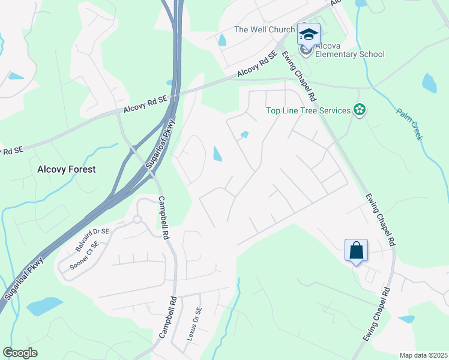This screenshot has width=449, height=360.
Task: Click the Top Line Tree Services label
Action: coord(309,110)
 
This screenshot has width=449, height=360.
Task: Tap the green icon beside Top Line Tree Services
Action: coord(359,110)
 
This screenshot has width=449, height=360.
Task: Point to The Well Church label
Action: coord(264,29)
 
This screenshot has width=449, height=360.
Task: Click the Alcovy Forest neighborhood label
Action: coord(66,169)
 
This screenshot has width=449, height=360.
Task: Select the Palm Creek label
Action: coord(409,124)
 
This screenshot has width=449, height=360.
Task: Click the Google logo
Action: coord(20,353)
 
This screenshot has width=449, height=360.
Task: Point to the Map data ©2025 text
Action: coord(423,355)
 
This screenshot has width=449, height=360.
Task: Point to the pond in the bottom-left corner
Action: coord(44,306)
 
